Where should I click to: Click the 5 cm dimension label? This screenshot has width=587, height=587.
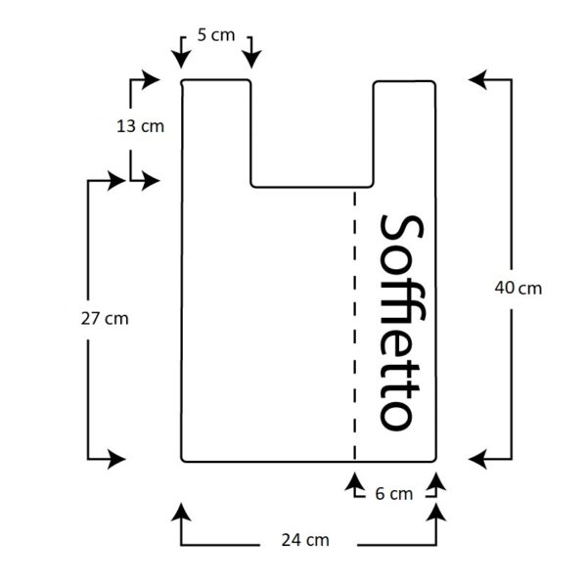click(216, 35)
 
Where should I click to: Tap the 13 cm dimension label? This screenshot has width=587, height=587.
click(140, 126)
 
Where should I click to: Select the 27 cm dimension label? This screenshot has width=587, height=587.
click(105, 319)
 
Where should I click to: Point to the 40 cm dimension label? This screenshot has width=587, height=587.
click(519, 288)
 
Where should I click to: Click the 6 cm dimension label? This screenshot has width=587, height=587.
click(394, 494)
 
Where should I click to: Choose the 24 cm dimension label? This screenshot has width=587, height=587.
click(305, 540)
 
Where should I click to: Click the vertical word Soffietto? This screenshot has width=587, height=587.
click(402, 323)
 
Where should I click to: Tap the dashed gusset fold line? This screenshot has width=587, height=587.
click(354, 325)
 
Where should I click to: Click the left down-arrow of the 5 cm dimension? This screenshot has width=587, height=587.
click(181, 53)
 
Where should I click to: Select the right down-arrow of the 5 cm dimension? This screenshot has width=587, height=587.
click(251, 53)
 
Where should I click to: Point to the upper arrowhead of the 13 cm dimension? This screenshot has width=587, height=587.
click(151, 80)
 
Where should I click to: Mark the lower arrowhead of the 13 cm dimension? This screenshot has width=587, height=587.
click(151, 181)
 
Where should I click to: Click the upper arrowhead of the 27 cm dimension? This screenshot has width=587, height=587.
click(116, 181)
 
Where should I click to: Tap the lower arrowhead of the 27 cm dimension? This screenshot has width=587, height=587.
click(116, 459)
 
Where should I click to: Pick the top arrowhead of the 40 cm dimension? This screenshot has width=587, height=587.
click(477, 80)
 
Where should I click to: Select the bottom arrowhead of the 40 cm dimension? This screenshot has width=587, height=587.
click(477, 459)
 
